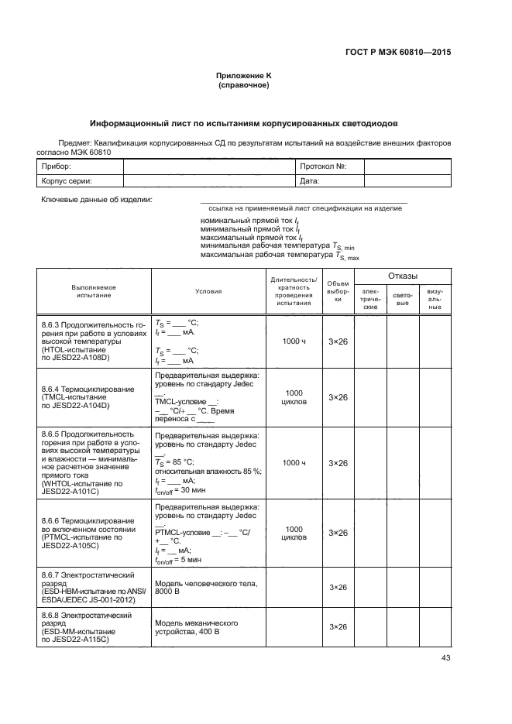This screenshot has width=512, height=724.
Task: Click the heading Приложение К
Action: [244, 76]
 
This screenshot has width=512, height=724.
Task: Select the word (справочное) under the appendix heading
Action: [244, 85]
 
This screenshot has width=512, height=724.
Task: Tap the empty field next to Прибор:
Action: [208, 166]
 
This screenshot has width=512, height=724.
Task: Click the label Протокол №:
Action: [321, 166]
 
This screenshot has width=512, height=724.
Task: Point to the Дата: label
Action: [310, 181]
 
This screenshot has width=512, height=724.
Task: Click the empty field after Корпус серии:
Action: [208, 181]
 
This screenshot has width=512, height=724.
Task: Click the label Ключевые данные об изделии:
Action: [97, 201]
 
